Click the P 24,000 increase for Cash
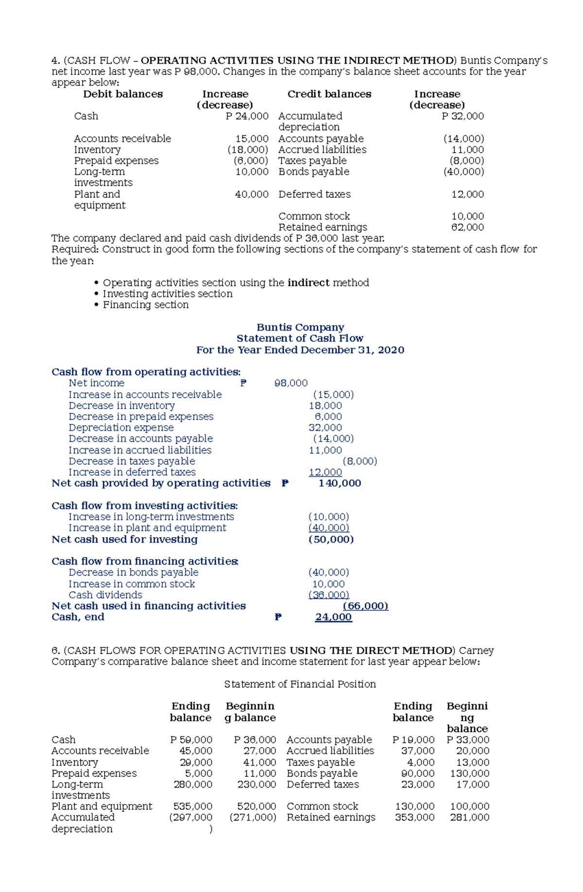pos(247,116)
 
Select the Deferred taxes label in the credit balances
pos(314,194)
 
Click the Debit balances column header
pos(123,94)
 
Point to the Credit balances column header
pos(329,94)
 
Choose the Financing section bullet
pos(145,305)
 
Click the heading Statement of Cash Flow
pos(300,338)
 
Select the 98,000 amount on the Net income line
pos(291,383)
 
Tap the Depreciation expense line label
pos(121,428)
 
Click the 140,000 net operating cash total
pos(340,483)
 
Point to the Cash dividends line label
pos(105,595)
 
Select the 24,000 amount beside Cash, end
pos(333,617)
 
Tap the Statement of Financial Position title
pos(300,684)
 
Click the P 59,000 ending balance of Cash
pos(191,740)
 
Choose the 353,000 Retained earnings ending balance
pos(414,818)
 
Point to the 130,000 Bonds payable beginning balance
pos(469,773)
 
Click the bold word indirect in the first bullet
pos(308,283)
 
